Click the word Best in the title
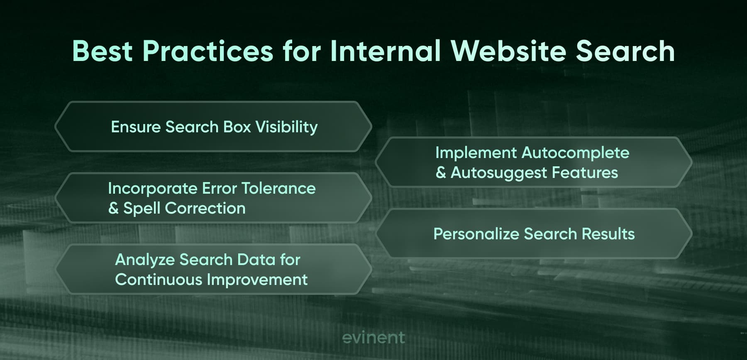pyautogui.click(x=103, y=51)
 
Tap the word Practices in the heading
pyautogui.click(x=208, y=51)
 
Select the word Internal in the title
pyautogui.click(x=385, y=51)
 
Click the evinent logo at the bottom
pyautogui.click(x=373, y=338)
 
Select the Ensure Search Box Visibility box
pyautogui.click(x=213, y=126)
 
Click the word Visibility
pyautogui.click(x=286, y=127)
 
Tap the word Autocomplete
pyautogui.click(x=575, y=153)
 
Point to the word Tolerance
pyautogui.click(x=278, y=188)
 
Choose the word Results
pyautogui.click(x=608, y=234)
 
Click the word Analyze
pyautogui.click(x=145, y=260)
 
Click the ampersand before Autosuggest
pyautogui.click(x=441, y=173)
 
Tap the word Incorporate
pyautogui.click(x=152, y=189)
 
